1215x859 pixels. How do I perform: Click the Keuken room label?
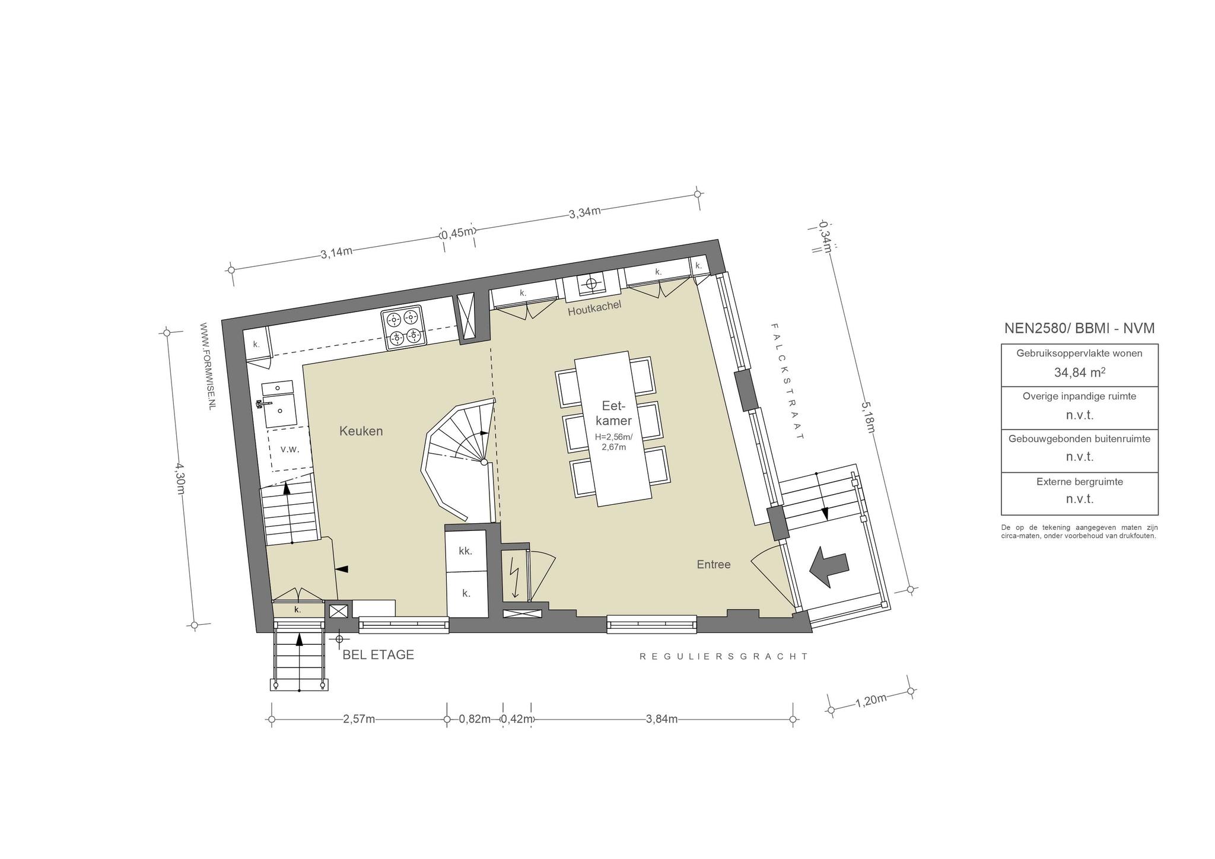[x=361, y=431]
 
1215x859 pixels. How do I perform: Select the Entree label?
[x=714, y=565]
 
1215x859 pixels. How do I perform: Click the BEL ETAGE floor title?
[x=378, y=655]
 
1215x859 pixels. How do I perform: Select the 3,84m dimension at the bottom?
[x=661, y=719]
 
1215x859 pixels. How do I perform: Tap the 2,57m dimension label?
[x=359, y=719]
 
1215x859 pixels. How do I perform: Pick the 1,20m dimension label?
[x=871, y=701]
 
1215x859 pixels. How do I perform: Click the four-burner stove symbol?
[x=404, y=327]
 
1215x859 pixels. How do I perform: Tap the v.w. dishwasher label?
[x=290, y=449]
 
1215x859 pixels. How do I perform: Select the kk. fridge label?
[x=465, y=551]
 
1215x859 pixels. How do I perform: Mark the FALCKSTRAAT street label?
[x=787, y=381]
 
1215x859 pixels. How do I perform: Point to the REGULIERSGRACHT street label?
[x=724, y=657]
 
